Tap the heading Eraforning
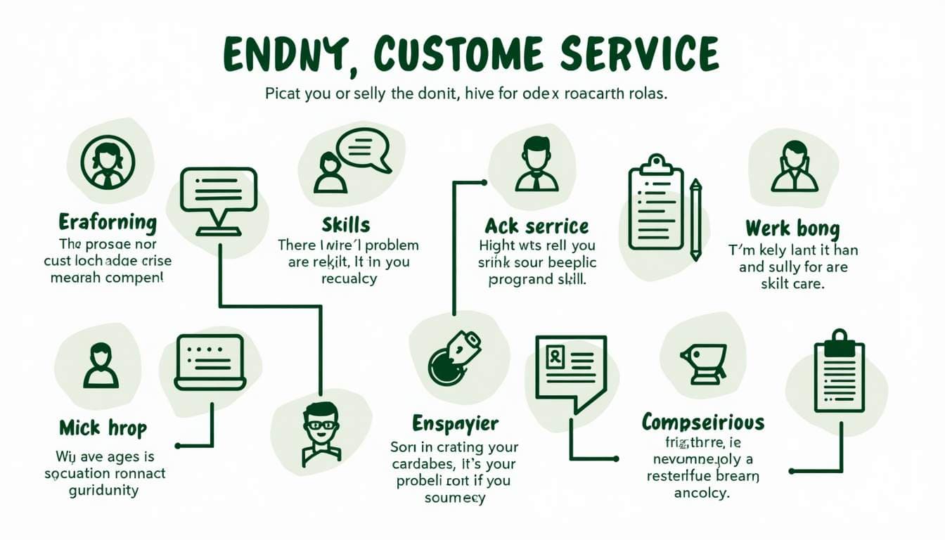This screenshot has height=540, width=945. (x=108, y=223)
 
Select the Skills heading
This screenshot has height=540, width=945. (x=346, y=225)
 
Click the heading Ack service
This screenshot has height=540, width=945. (x=536, y=226)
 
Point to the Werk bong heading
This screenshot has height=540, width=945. (x=792, y=229)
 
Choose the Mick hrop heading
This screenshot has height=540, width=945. (x=103, y=427)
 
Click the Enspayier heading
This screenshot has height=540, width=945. (x=455, y=424)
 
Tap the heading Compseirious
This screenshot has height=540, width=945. (x=702, y=423)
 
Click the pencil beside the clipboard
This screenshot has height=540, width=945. (x=695, y=218)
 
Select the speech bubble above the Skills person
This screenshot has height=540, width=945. (x=363, y=149)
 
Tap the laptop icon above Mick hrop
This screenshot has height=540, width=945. (x=210, y=362)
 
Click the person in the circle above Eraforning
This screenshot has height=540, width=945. (x=107, y=162)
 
